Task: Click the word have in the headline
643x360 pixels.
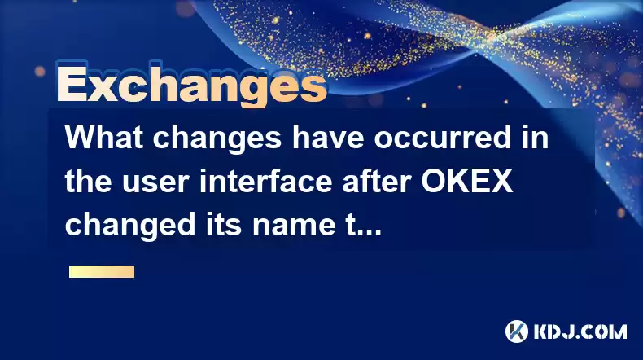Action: pos(328,137)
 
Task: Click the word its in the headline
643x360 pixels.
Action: pos(223,225)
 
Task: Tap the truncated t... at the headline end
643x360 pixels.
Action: pos(364,226)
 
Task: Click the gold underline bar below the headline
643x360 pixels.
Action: pos(102,272)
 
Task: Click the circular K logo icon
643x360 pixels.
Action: pos(517,331)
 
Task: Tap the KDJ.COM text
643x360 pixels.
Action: pos(580,331)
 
